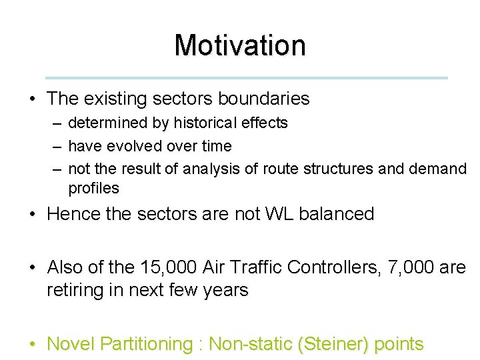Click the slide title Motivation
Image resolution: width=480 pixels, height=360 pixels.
(240, 45)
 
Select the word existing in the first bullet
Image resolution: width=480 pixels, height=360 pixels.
(115, 99)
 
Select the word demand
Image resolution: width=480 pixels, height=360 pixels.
(436, 169)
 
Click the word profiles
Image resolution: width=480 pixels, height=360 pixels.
(93, 189)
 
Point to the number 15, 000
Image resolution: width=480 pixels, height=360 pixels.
(171, 268)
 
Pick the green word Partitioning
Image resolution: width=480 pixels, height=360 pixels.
(146, 344)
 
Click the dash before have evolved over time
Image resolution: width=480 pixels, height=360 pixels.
(57, 146)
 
